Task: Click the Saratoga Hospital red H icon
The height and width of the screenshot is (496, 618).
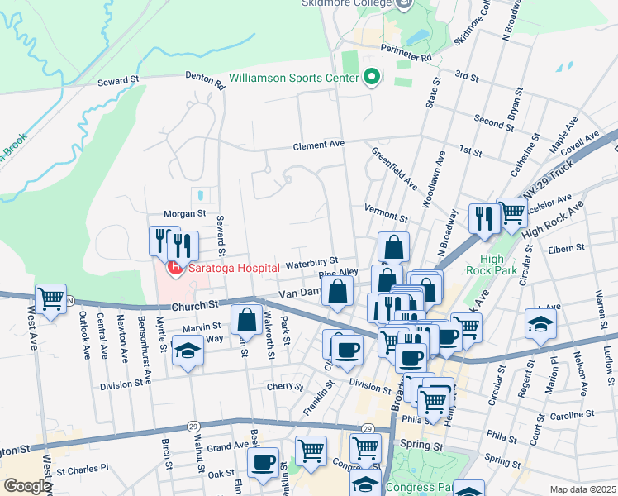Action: tap(174, 268)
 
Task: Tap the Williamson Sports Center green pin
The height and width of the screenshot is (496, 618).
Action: tap(371, 78)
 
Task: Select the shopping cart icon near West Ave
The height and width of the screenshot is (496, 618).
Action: tap(50, 298)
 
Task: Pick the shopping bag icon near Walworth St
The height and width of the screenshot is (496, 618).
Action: tap(246, 320)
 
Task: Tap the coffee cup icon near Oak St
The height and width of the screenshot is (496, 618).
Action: tap(263, 463)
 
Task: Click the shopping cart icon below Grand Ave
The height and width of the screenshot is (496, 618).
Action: tap(311, 451)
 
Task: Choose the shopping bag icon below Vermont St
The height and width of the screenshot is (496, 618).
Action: tap(394, 246)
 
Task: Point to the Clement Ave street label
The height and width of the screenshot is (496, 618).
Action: tap(319, 145)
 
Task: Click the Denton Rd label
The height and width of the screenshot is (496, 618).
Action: tap(205, 79)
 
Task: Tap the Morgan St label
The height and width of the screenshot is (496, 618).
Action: tap(185, 213)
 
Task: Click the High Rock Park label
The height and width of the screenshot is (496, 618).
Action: tap(492, 265)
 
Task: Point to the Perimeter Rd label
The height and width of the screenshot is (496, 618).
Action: tap(414, 59)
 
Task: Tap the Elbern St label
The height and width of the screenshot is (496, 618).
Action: tap(566, 247)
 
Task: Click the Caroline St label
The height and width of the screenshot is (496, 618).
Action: tap(573, 413)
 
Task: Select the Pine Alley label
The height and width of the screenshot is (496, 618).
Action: tap(339, 272)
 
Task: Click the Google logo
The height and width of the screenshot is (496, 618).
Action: tap(26, 486)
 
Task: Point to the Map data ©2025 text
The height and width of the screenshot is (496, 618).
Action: tap(582, 489)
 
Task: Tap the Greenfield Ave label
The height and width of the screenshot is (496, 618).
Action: tap(394, 168)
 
